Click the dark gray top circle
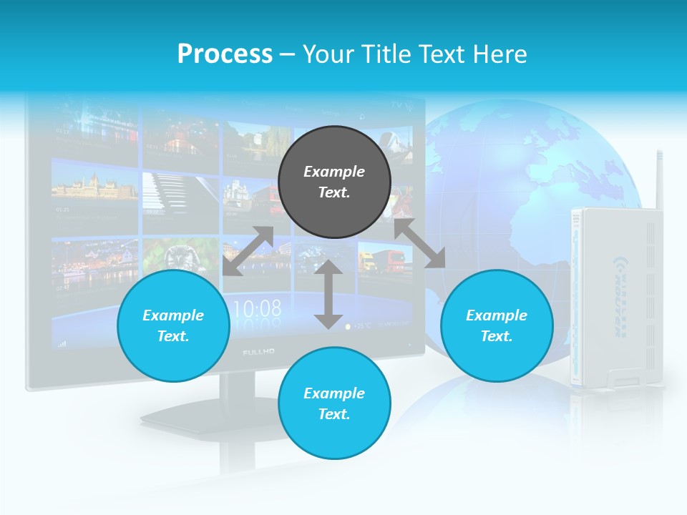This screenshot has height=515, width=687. pos(334,182)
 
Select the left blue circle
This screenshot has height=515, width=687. pos(173,325)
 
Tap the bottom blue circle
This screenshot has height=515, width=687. pos(334,403)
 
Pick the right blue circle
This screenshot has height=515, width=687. pos(497,325)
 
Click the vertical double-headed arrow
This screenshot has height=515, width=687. pos(328,295)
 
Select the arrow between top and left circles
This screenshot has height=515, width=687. pos(248,251)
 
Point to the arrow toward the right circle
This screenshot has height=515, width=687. pos(419,243)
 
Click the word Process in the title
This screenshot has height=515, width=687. pos(225,54)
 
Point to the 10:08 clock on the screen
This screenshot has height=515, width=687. pos(258,309)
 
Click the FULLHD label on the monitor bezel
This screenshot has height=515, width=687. pos(253,353)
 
